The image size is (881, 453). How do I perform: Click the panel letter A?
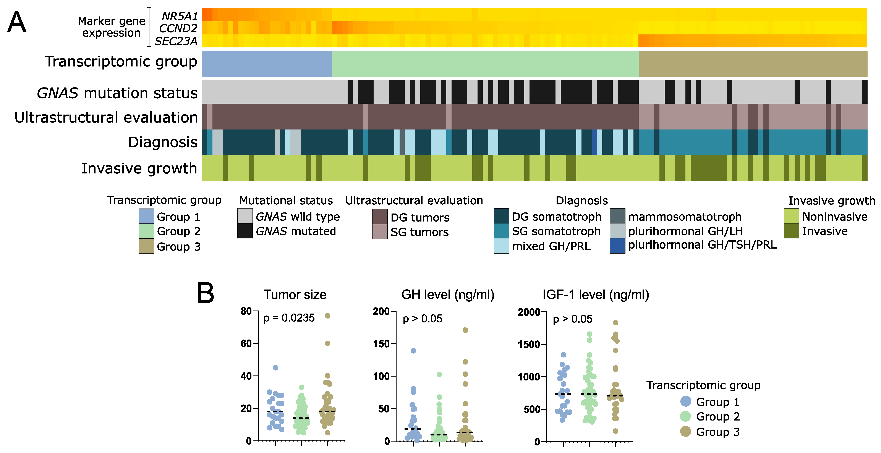(x=16, y=22)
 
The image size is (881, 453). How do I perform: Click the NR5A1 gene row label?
(x=180, y=16)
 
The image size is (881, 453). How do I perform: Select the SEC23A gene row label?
(x=176, y=41)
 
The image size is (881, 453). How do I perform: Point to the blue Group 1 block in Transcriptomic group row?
(x=267, y=64)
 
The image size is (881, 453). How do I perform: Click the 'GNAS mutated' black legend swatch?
(x=245, y=231)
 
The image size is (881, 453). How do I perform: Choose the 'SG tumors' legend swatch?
(x=380, y=232)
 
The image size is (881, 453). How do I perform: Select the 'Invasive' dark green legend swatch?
(x=791, y=231)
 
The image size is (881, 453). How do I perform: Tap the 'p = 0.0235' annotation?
(x=289, y=318)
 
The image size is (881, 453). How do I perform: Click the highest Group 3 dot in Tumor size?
(x=328, y=316)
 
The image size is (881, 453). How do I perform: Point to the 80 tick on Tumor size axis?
(x=246, y=311)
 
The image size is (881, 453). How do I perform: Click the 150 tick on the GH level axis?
(x=381, y=344)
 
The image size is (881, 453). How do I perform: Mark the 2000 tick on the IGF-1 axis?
(x=528, y=312)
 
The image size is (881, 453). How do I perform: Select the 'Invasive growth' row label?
(x=139, y=168)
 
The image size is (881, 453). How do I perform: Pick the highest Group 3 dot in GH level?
(x=465, y=330)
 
